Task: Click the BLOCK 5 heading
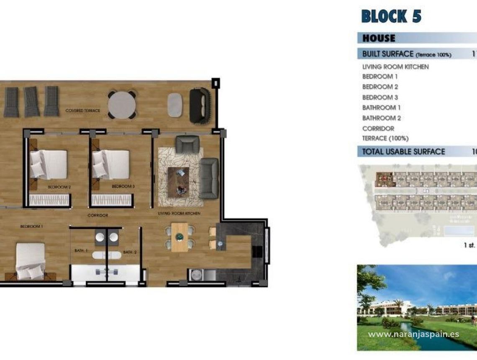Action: (391, 16)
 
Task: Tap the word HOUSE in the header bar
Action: (378, 38)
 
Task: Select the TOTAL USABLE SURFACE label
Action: (403, 152)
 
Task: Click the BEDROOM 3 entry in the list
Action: (380, 97)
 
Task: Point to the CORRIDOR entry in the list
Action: (378, 128)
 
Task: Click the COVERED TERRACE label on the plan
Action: (83, 111)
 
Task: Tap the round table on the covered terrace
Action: (121, 105)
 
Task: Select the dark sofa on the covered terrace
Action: (200, 105)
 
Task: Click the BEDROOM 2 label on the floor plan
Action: (59, 187)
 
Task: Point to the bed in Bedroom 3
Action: (111, 165)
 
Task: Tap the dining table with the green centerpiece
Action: (180, 237)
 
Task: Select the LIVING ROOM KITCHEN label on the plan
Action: (179, 213)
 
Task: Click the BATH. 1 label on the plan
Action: (81, 250)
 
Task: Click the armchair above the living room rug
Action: (187, 144)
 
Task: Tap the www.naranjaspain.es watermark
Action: (413, 334)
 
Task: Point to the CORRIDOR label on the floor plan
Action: (98, 215)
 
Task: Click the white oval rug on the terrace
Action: (175, 105)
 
